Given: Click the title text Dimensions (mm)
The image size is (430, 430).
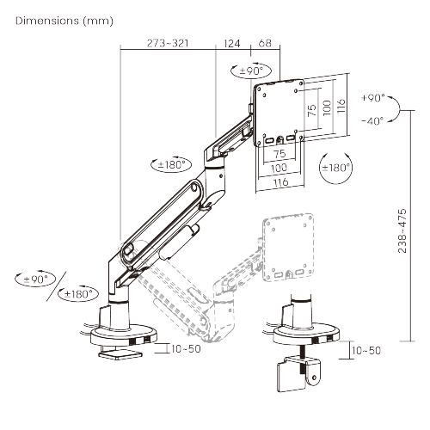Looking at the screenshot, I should coord(58,19).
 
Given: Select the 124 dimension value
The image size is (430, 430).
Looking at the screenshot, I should coord(232,42).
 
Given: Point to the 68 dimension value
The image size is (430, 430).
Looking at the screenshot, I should coord(265,42).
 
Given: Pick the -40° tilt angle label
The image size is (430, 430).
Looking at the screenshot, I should coord(373,120).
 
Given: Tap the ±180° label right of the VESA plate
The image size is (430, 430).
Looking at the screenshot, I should coord(335,167).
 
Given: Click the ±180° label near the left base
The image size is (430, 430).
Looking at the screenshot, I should coord(77,293).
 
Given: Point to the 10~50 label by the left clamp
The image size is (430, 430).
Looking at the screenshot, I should coord(186,349).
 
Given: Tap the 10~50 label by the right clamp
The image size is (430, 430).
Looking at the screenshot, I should coord(366,350).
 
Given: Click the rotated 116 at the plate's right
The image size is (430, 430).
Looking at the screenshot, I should coord(341,107).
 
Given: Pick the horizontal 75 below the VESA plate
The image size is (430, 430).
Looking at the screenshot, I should coord(279,153).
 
